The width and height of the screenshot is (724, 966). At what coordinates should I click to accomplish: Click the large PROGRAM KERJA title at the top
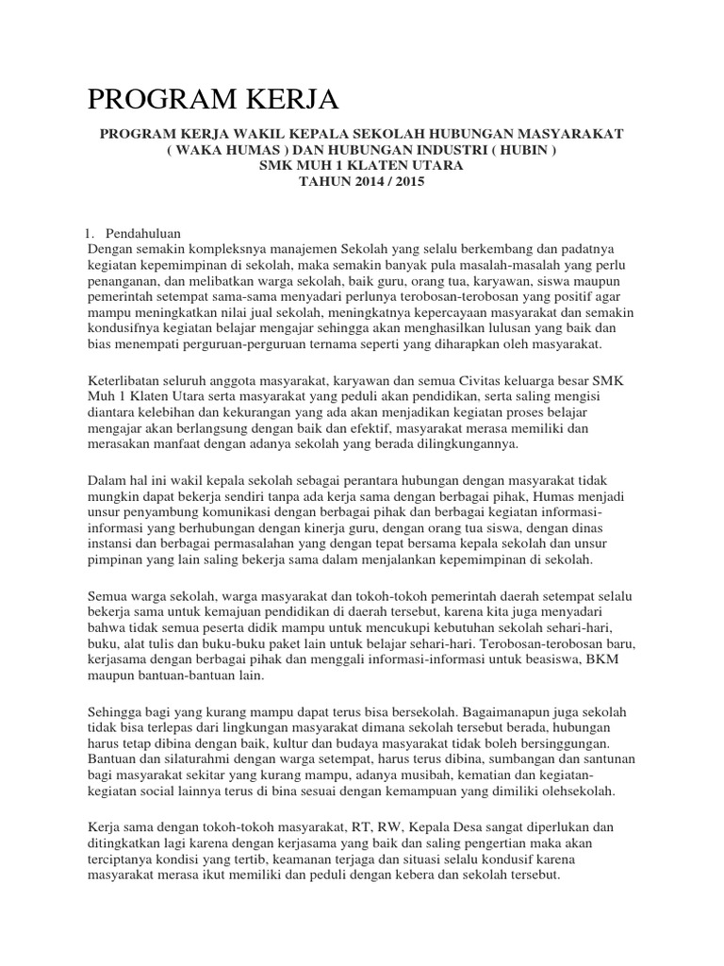point(212,98)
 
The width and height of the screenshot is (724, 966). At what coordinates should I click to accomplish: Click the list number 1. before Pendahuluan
point(90,234)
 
